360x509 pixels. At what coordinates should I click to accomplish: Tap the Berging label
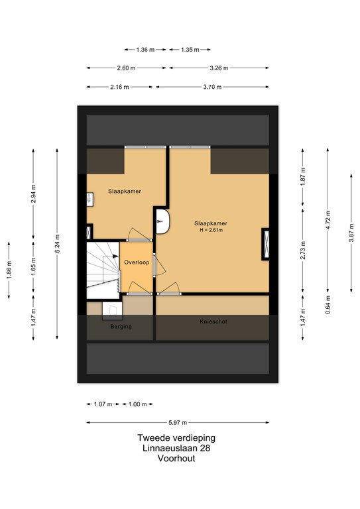pyautogui.click(x=121, y=327)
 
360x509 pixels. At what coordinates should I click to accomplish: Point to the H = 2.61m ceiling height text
pyautogui.click(x=212, y=231)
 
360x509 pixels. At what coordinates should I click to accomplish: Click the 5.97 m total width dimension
pyautogui.click(x=177, y=422)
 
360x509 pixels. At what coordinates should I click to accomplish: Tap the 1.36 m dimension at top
pyautogui.click(x=145, y=49)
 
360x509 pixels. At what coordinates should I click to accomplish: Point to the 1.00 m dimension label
pyautogui.click(x=139, y=404)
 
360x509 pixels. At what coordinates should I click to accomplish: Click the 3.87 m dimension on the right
pyautogui.click(x=351, y=235)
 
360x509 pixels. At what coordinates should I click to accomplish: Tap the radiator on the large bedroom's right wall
pyautogui.click(x=266, y=243)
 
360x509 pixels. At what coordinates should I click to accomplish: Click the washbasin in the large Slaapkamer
pyautogui.click(x=162, y=221)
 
